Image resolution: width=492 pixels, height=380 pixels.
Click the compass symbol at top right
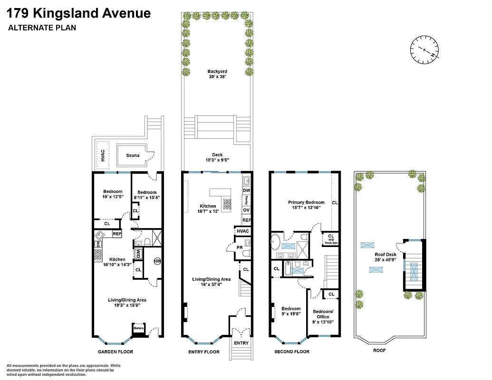[x=424, y=49]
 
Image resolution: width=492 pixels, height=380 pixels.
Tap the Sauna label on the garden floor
[x=133, y=155]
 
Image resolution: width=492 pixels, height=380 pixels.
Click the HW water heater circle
[x=157, y=261]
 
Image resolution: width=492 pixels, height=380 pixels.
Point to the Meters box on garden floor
[x=138, y=328]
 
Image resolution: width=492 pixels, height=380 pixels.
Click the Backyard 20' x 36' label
[x=217, y=74]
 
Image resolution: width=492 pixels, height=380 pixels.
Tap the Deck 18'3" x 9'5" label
[x=217, y=157]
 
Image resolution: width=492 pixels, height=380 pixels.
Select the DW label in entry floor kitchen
[x=246, y=190]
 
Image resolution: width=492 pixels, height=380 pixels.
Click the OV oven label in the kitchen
[x=246, y=210]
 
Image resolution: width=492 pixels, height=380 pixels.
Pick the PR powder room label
[x=240, y=247]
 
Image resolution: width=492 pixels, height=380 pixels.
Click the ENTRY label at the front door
[x=241, y=342]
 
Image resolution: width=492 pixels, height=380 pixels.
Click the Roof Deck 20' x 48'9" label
[x=385, y=257]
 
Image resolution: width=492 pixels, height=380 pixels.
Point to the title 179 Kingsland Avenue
[x=79, y=13]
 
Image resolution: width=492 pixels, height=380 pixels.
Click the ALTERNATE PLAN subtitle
[x=42, y=28]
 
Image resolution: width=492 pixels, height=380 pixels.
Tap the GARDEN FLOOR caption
[x=116, y=352]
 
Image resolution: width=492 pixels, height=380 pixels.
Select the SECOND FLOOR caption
[x=292, y=352]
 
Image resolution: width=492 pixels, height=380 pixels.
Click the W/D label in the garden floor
[x=138, y=253]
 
